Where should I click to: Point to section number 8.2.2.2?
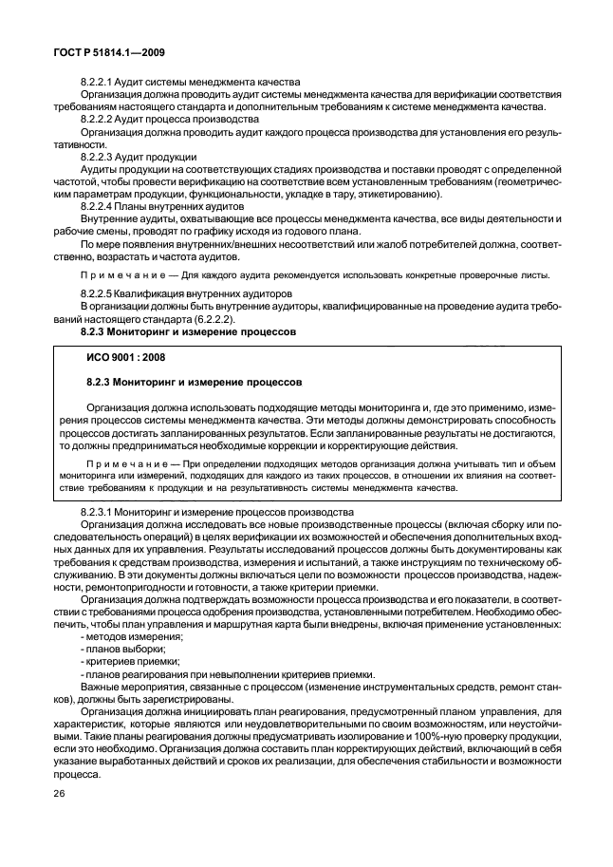(98, 120)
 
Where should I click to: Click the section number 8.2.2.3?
(98, 157)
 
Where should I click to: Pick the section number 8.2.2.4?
(98, 206)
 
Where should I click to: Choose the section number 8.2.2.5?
(98, 293)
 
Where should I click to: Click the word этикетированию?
(396, 194)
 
